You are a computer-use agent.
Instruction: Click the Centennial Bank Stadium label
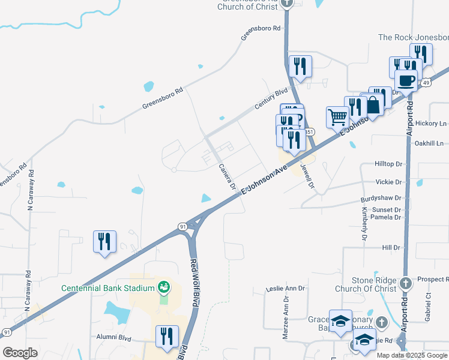(x=108, y=288)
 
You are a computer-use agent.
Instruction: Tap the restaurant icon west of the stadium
(x=104, y=241)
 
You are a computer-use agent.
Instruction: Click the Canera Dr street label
(x=226, y=177)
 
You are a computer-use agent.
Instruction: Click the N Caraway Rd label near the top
(x=29, y=190)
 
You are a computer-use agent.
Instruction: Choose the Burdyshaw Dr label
(x=381, y=198)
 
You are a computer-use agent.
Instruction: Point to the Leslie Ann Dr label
(x=286, y=289)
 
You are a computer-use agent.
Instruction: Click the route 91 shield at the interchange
(x=182, y=226)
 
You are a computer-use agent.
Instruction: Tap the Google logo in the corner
(x=20, y=353)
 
